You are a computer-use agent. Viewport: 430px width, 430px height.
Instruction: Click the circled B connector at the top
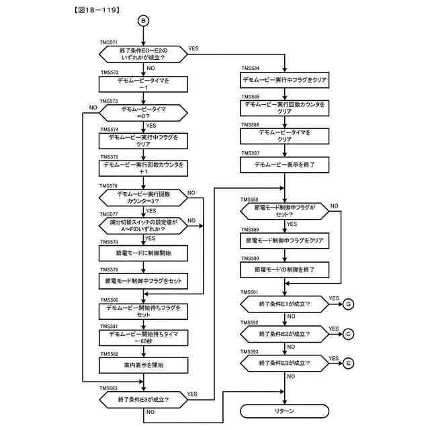point(142,21)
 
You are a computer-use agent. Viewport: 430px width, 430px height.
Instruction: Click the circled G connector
point(348,304)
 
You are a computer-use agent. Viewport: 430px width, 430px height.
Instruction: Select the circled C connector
point(348,334)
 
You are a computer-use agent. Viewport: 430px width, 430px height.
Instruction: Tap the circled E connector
point(348,363)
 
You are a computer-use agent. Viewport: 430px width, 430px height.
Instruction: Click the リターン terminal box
point(285,411)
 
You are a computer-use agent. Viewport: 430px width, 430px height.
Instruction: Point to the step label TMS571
point(109,43)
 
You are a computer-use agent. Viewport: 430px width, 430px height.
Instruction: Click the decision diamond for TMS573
point(142,112)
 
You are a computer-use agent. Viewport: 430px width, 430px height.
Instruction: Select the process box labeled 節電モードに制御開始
point(143,253)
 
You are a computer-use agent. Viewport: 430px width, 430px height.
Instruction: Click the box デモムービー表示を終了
point(285,164)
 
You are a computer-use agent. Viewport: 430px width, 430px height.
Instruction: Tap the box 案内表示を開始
point(143,365)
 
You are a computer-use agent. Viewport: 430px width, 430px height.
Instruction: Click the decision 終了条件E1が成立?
point(285,304)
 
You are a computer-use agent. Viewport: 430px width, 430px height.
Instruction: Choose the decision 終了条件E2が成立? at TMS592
point(285,334)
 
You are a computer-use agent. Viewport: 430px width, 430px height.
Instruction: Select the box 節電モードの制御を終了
point(285,269)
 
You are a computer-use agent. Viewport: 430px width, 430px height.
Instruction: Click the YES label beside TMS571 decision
point(193,49)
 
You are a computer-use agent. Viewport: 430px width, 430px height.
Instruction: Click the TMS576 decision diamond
point(142,198)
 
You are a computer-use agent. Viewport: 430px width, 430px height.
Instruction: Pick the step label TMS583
point(109,388)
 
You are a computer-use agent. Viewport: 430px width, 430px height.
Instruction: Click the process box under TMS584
point(285,80)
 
